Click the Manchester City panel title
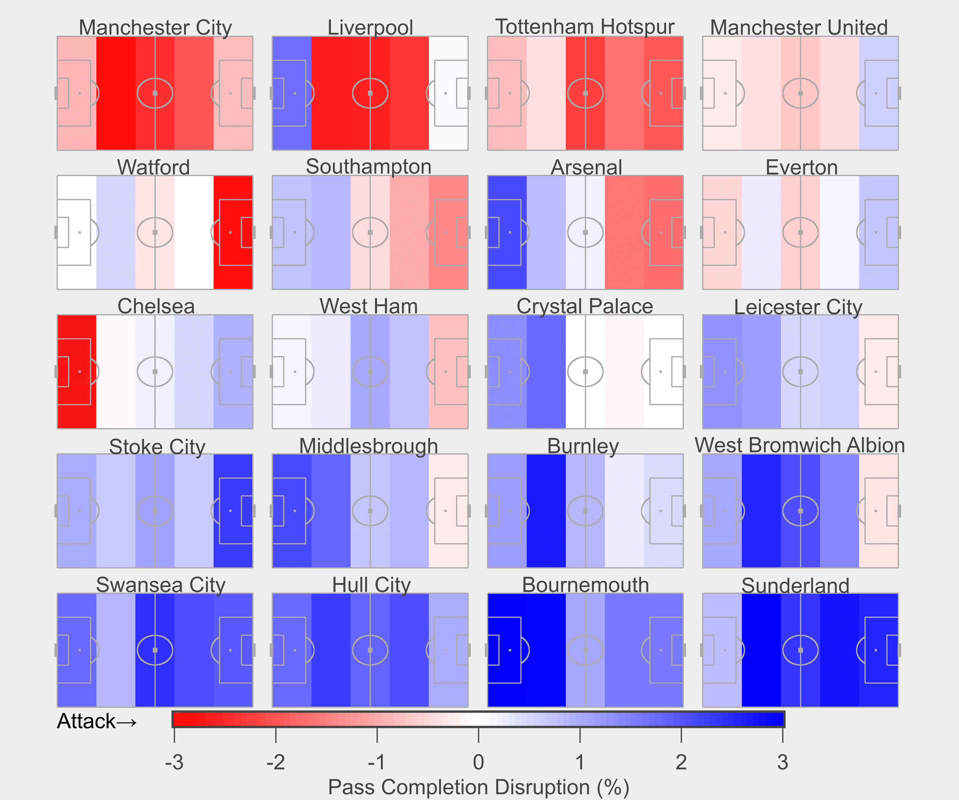pos(155,27)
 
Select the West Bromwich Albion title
pos(800,445)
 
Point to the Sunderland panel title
pos(795,585)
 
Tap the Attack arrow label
pos(97,721)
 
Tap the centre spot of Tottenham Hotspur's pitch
pos(585,93)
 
